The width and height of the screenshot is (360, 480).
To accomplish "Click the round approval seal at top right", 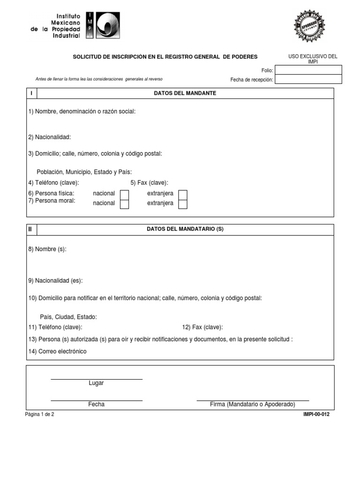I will pyautogui.click(x=309, y=27).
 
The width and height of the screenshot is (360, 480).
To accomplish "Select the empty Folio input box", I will pyautogui.click(x=308, y=70).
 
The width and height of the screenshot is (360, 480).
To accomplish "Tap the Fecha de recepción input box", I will pyautogui.click(x=308, y=79).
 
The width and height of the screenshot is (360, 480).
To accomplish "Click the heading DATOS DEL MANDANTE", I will pyautogui.click(x=185, y=93).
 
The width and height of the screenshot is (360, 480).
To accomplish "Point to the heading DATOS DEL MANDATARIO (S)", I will pyautogui.click(x=185, y=229).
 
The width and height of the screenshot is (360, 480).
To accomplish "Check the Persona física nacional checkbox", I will pyautogui.click(x=125, y=194).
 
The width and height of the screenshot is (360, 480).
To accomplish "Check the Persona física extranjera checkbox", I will pyautogui.click(x=183, y=194).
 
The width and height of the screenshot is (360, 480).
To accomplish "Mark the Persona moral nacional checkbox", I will pyautogui.click(x=125, y=203).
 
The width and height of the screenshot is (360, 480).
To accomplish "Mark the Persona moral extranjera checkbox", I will pyautogui.click(x=183, y=203).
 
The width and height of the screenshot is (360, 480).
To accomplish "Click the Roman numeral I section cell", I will pyautogui.click(x=31, y=93).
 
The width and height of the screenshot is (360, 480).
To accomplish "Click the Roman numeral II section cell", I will pyautogui.click(x=31, y=229).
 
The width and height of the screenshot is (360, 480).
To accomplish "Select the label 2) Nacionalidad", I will pyautogui.click(x=49, y=137).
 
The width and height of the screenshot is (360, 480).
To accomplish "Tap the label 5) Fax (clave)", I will pyautogui.click(x=149, y=183).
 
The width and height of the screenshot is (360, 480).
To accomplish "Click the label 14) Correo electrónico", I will pyautogui.click(x=57, y=351).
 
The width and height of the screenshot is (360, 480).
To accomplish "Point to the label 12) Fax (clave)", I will pyautogui.click(x=202, y=327).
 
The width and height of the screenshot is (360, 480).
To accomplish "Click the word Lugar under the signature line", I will pyautogui.click(x=96, y=383).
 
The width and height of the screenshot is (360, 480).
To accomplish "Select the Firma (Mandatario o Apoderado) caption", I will pyautogui.click(x=252, y=404).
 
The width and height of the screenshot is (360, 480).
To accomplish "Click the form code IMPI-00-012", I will pyautogui.click(x=316, y=414).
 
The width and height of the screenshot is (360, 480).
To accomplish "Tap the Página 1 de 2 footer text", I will pyautogui.click(x=40, y=414).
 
